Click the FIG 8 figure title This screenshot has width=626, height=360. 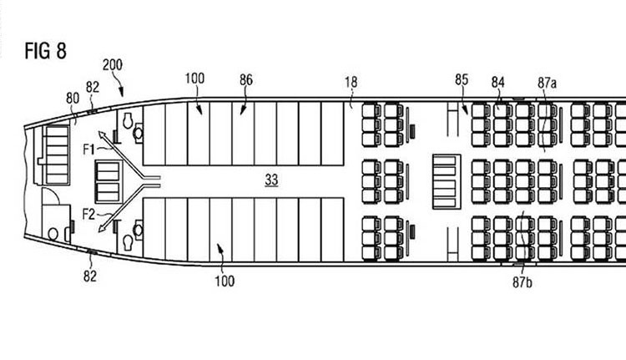(x=46, y=51)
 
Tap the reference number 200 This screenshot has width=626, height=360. (x=113, y=64)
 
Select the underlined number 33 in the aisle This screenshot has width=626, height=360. (x=271, y=180)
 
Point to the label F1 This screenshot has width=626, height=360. (x=89, y=150)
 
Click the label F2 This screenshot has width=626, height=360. (x=89, y=215)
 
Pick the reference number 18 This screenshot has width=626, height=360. (x=351, y=83)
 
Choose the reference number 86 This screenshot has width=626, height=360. (x=246, y=80)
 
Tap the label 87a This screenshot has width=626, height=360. (x=547, y=83)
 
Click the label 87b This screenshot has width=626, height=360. (x=523, y=282)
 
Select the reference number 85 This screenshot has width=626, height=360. (x=462, y=79)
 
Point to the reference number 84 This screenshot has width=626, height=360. (x=497, y=83)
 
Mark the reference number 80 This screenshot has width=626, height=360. (x=73, y=99)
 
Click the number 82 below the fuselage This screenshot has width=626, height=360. (x=90, y=276)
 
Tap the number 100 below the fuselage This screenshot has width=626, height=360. (x=225, y=281)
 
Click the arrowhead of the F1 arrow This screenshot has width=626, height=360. (x=101, y=134)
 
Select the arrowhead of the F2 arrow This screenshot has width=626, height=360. (x=102, y=228)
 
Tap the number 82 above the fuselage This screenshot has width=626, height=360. (x=92, y=87)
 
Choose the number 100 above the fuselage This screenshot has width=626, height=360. (x=194, y=79)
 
